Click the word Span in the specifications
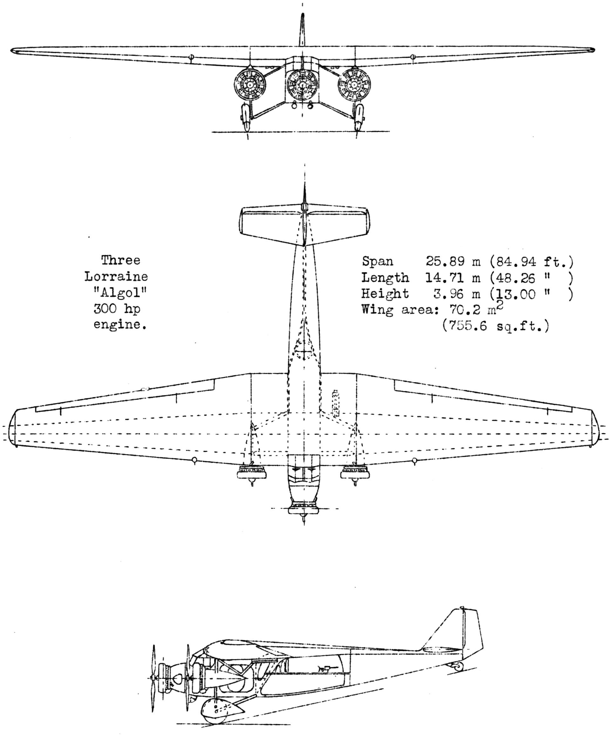tap(377, 261)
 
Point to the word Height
tap(385, 293)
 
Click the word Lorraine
tap(116, 277)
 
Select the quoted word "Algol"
tap(120, 292)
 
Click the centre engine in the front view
tap(302, 84)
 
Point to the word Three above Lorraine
tap(121, 260)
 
